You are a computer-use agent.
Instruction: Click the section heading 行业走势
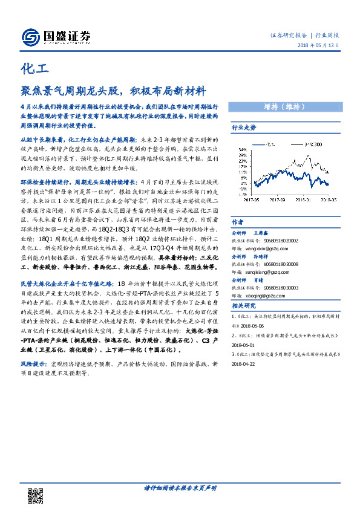pyautogui.click(x=244, y=128)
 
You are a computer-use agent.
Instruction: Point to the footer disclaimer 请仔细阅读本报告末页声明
pyautogui.click(x=180, y=487)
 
